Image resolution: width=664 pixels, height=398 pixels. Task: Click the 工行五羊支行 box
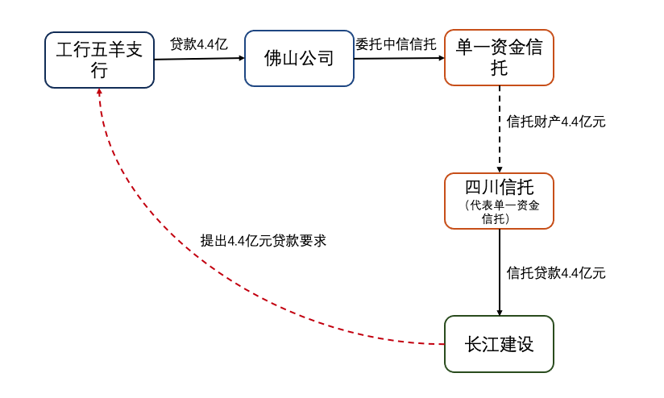[100, 60]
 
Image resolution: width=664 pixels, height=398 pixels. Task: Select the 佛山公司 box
[300, 58]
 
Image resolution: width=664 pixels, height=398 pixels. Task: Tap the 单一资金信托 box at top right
[500, 58]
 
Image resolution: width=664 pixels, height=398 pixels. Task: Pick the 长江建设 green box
[500, 344]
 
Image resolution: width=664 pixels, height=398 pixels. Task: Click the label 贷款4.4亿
[198, 44]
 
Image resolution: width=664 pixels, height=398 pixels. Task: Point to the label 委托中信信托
[396, 44]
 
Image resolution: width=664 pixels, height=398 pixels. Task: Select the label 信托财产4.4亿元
[556, 122]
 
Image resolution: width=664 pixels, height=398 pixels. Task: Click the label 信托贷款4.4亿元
[556, 272]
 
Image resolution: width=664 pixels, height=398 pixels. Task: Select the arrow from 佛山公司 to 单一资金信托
[399, 58]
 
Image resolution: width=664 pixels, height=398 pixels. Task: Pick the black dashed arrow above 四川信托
[500, 129]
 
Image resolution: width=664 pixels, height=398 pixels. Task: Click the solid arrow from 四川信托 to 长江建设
[500, 272]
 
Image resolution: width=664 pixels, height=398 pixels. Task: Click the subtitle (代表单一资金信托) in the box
[500, 211]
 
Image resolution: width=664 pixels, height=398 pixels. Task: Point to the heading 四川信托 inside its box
[500, 189]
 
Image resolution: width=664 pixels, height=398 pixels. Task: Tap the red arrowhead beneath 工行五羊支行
[100, 93]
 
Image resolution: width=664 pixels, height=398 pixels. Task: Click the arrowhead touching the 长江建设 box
[500, 312]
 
